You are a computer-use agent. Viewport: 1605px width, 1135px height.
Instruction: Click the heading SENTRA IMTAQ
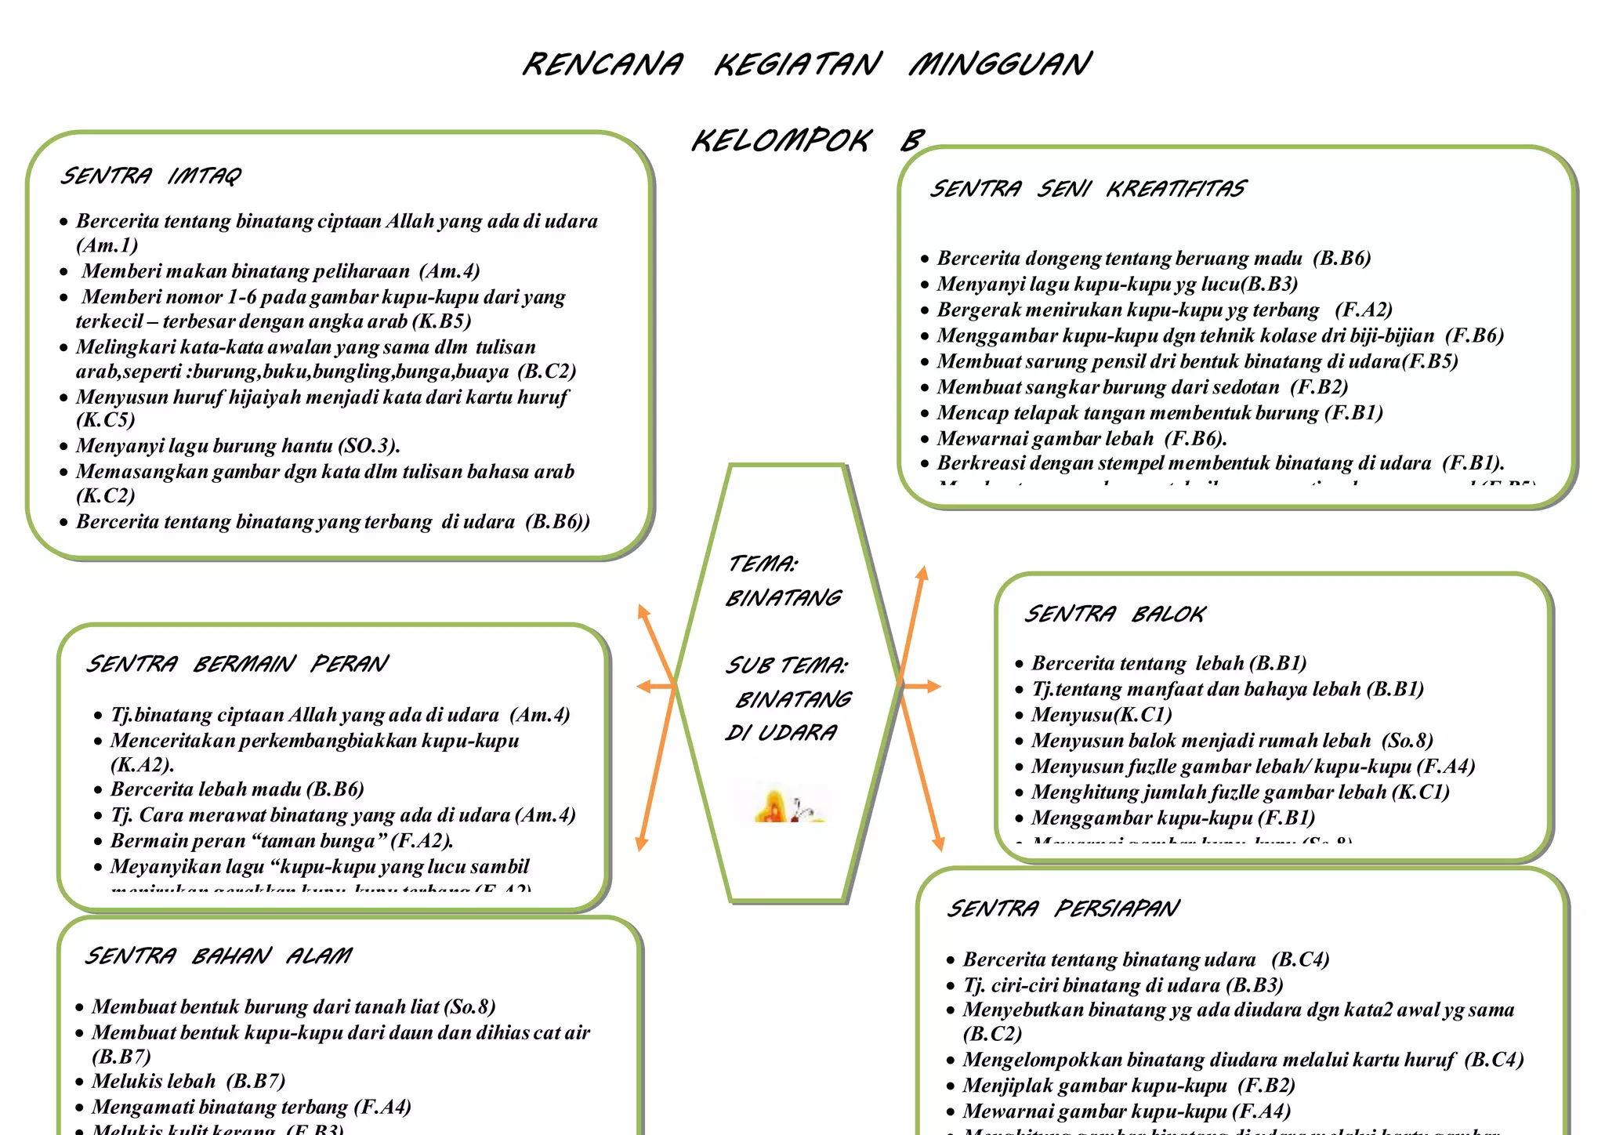150,176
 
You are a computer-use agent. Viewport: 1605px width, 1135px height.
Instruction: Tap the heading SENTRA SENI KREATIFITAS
1087,189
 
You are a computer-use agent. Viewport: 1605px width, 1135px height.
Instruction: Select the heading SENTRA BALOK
1114,614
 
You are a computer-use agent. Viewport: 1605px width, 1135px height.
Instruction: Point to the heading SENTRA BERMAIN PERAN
237,664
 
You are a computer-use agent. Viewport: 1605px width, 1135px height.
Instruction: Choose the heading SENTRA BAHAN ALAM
218,956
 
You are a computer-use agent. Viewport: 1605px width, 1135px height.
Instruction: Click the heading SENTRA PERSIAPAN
1062,908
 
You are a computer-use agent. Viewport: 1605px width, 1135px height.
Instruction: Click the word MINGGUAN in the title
999,63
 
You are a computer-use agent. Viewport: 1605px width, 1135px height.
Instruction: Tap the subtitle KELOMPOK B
807,141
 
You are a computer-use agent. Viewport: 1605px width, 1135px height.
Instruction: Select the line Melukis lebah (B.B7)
188,1081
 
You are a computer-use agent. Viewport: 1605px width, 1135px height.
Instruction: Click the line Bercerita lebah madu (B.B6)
237,789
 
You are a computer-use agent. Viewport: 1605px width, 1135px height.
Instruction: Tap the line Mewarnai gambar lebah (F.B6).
1081,438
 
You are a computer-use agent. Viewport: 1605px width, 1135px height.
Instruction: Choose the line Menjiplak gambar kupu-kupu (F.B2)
1129,1086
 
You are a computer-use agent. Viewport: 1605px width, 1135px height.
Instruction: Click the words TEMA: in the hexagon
763,564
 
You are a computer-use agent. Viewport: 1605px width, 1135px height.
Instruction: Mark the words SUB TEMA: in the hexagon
786,665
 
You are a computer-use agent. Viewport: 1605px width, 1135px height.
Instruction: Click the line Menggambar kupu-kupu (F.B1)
1172,818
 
